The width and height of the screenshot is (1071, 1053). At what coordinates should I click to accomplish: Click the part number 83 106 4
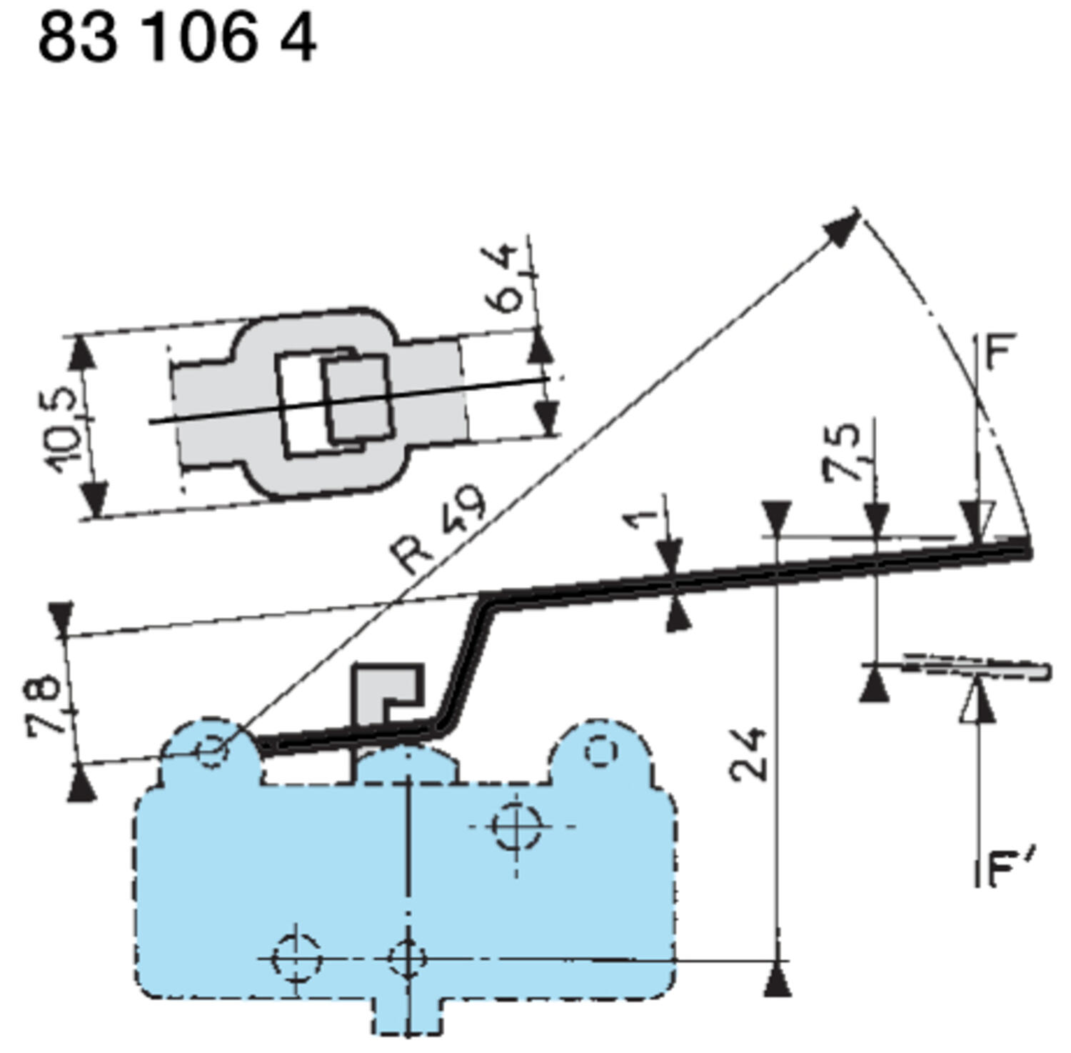(x=176, y=39)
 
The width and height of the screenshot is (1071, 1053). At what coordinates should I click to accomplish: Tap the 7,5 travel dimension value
(x=843, y=452)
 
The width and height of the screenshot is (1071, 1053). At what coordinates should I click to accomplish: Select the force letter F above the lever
(x=1000, y=352)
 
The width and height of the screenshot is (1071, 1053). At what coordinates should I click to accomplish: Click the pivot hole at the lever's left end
(x=212, y=751)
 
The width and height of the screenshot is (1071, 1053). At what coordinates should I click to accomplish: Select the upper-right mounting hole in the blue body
(x=516, y=826)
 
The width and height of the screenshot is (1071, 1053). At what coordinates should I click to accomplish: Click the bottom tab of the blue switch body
(x=406, y=1015)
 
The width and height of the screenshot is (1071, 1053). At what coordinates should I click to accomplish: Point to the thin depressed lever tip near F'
(x=978, y=667)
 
